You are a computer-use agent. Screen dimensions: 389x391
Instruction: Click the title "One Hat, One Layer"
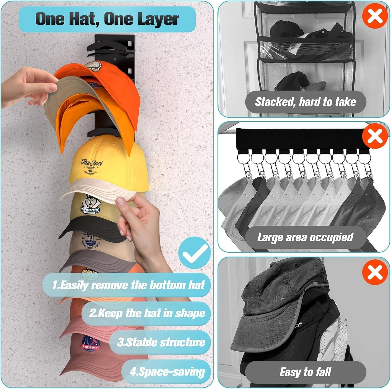coord(107,19)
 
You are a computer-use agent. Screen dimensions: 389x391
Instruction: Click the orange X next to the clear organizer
coord(375,16)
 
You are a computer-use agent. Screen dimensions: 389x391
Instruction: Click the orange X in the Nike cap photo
coord(375,272)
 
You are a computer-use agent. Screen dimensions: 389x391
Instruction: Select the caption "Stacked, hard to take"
coord(305,102)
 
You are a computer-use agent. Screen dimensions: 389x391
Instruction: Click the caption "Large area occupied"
coord(305,237)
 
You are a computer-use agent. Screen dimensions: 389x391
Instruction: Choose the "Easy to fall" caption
coord(305,372)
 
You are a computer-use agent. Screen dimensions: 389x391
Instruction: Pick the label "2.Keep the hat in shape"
coord(147,313)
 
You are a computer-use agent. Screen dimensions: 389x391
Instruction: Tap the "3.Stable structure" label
coord(161,342)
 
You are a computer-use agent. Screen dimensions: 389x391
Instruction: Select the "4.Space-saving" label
coord(167,372)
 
